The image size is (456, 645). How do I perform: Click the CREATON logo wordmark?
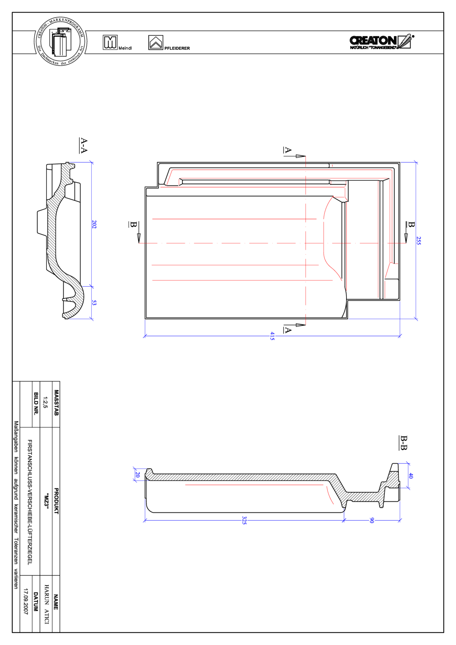pos(373,41)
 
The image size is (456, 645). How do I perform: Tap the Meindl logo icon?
pos(110,42)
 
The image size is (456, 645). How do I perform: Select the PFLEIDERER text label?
pos(177,48)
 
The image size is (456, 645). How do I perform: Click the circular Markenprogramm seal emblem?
pos(60,41)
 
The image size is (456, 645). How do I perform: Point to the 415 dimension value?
pos(272,336)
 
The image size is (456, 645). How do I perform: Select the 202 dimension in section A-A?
pos(94,224)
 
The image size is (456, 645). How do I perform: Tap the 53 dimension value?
pos(94,303)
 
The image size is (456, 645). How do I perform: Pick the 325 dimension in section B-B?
pos(244,520)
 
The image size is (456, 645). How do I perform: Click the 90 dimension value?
pos(371,520)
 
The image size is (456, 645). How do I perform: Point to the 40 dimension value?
pos(411,476)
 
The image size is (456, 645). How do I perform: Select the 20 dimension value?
pos(137,474)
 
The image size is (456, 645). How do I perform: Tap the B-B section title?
pos(403,443)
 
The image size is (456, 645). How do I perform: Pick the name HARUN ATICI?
pos(47,604)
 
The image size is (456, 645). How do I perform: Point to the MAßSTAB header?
pos(56,403)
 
